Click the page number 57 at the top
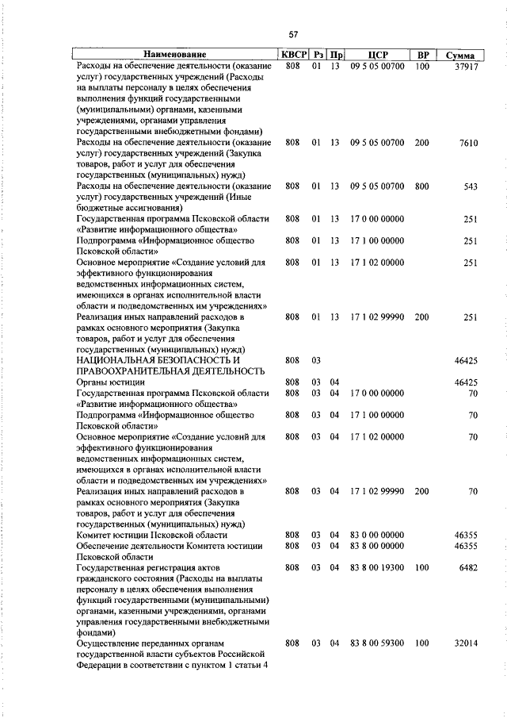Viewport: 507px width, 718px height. [x=293, y=34]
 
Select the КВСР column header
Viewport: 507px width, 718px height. [x=292, y=55]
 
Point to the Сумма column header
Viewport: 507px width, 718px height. [x=460, y=56]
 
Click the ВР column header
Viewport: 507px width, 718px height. [x=423, y=55]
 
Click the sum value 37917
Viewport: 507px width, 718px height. [x=463, y=67]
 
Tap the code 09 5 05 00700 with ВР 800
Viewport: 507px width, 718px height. [x=377, y=186]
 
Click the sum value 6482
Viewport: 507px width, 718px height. [x=467, y=567]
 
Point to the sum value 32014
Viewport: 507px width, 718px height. [x=463, y=643]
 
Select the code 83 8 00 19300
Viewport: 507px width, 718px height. [x=377, y=567]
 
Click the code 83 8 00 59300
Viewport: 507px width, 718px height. [x=377, y=643]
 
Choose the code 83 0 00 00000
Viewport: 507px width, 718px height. [x=377, y=536]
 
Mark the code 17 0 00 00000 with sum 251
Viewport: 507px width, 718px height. [x=377, y=218]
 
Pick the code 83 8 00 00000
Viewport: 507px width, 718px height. [x=377, y=546]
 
